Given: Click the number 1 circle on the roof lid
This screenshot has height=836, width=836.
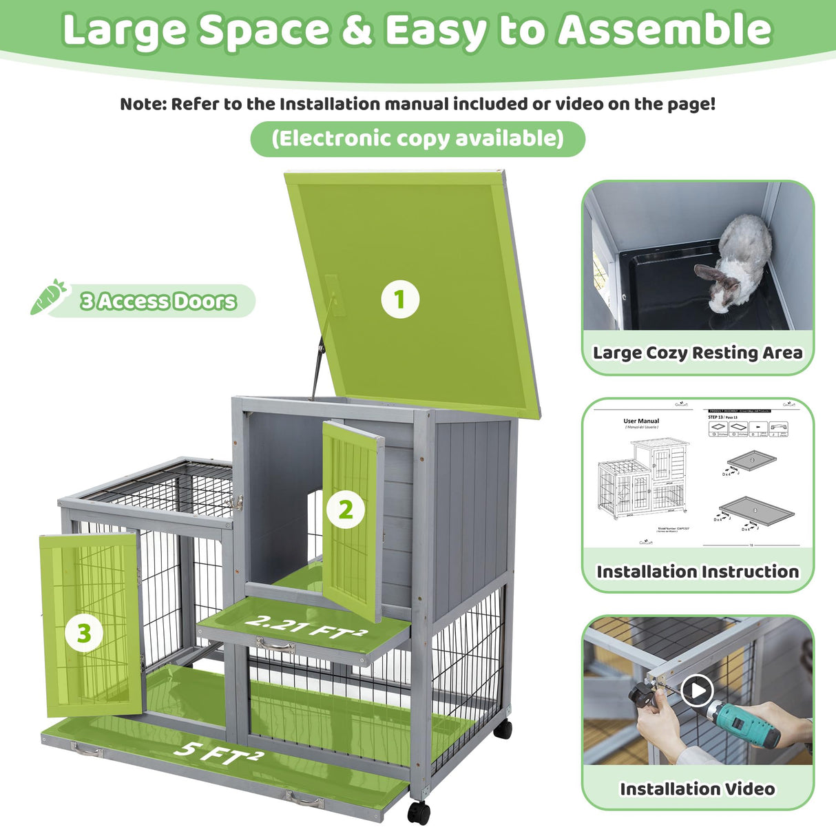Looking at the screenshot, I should point(400,300).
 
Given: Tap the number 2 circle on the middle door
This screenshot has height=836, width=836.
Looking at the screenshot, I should point(345,510).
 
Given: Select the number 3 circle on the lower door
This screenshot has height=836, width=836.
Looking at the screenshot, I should point(84,633).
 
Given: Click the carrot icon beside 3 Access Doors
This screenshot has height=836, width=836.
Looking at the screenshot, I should point(48,297).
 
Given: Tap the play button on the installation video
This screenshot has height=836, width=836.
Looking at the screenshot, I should point(698,690).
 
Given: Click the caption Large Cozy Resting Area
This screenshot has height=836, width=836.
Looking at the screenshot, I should point(698,353).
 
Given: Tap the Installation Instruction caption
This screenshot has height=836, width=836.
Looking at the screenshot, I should point(698,572).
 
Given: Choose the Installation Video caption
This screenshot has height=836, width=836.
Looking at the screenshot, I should point(698,789).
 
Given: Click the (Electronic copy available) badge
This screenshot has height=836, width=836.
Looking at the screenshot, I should point(417,138).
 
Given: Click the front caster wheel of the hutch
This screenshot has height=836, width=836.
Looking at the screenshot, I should point(418,812).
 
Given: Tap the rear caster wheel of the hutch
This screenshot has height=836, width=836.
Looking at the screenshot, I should point(503,729).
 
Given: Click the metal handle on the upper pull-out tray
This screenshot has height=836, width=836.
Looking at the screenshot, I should point(275,646).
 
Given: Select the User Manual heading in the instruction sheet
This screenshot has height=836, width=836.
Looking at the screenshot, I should point(641,421).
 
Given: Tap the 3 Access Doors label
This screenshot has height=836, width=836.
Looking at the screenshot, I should point(158,301).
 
